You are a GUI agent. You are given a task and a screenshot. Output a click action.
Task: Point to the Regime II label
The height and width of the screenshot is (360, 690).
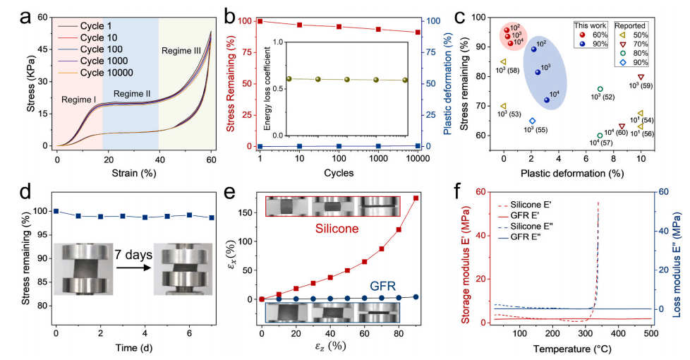[132, 94]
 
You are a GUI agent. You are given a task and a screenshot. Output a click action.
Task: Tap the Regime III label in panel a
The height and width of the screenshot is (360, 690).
[185, 51]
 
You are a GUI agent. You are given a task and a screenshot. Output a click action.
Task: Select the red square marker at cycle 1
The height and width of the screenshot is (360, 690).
[260, 21]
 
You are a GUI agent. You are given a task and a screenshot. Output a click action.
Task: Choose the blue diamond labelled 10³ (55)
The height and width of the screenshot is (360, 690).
[533, 121]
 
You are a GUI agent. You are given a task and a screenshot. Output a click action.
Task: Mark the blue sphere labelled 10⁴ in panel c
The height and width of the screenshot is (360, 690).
[547, 100]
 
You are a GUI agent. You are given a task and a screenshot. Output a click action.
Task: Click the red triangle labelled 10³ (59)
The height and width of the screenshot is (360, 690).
[641, 77]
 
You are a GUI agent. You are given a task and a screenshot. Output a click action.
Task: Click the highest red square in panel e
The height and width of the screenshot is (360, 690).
[416, 198]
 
